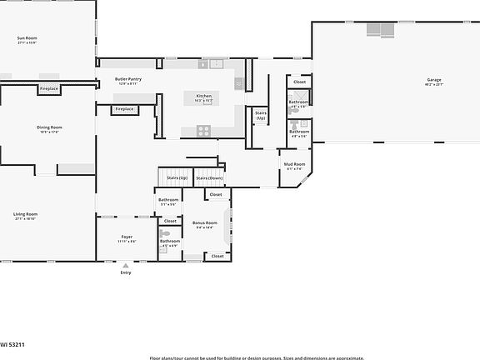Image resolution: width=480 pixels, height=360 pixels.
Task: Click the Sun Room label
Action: coord(27,38)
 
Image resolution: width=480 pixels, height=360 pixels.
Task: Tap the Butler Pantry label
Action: coord(127,80)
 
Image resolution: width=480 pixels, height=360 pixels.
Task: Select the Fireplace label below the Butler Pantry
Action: coord(124,109)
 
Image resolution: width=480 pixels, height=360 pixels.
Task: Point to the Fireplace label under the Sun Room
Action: coord(49,87)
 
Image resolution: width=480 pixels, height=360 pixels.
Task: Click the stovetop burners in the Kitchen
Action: coord(202,129)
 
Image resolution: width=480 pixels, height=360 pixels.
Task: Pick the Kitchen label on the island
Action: coord(203,97)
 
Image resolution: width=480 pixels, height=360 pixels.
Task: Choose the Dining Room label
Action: coord(49,127)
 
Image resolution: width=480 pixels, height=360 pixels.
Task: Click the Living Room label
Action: coord(25,215)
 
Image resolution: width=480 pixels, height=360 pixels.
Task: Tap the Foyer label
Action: coord(127,237)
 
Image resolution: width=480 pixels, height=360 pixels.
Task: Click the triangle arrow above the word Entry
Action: coord(126,266)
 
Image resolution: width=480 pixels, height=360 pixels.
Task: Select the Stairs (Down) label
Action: coord(208,177)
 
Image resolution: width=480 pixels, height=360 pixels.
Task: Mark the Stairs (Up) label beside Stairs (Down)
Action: coord(177,177)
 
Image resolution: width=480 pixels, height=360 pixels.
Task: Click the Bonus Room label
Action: coord(204,223)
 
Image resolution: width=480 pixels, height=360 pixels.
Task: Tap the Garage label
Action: coord(435,81)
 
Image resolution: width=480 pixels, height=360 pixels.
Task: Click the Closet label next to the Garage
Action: coord(299,82)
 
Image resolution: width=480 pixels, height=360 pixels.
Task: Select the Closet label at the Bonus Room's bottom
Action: coord(217,256)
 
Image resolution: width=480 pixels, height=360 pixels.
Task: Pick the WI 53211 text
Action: coord(12,342)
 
